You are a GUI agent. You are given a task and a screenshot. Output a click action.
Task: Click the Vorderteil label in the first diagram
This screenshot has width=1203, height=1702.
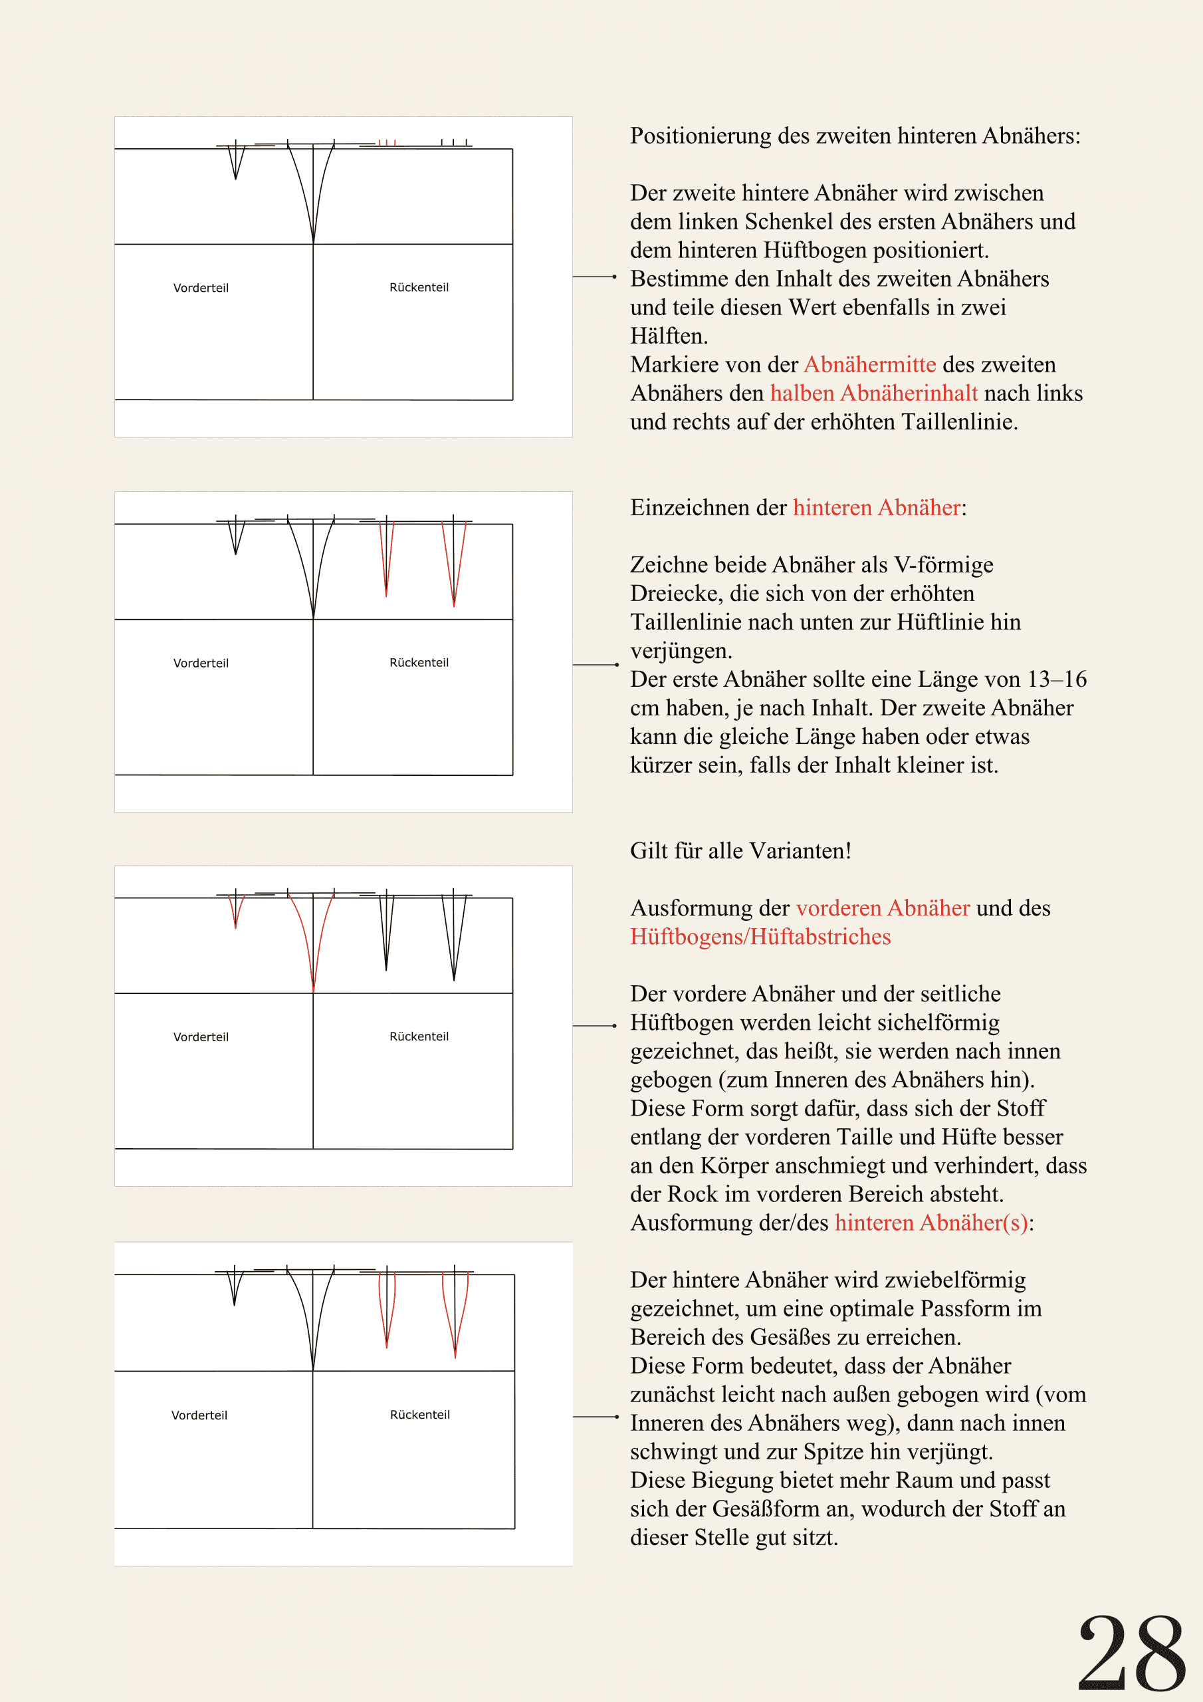pyautogui.click(x=201, y=288)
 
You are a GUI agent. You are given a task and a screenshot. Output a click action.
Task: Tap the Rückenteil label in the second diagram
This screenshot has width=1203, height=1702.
pyautogui.click(x=419, y=662)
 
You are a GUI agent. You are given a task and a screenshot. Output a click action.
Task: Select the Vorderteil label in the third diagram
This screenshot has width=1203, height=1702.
pyautogui.click(x=201, y=1036)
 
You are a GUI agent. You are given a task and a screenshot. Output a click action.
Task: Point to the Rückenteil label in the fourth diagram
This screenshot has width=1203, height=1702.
pyautogui.click(x=419, y=1414)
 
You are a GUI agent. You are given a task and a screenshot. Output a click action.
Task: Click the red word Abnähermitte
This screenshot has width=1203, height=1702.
pyautogui.click(x=869, y=365)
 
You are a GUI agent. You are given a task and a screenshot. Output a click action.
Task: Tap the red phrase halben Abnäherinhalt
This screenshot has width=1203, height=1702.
pyautogui.click(x=874, y=393)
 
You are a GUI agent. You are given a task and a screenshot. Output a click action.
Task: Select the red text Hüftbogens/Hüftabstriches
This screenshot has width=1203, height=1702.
pyautogui.click(x=760, y=937)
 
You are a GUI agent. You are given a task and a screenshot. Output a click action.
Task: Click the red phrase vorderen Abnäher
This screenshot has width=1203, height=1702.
pyautogui.click(x=883, y=908)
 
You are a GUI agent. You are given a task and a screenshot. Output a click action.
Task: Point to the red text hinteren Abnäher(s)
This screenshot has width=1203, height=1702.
pyautogui.click(x=931, y=1223)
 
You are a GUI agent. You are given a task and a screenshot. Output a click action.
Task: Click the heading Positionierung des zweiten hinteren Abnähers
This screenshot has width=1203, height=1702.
pyautogui.click(x=855, y=136)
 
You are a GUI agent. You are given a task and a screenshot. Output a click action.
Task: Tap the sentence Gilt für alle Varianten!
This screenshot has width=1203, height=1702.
pyautogui.click(x=740, y=851)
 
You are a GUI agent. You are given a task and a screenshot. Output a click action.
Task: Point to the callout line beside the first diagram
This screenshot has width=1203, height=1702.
pyautogui.click(x=594, y=277)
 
